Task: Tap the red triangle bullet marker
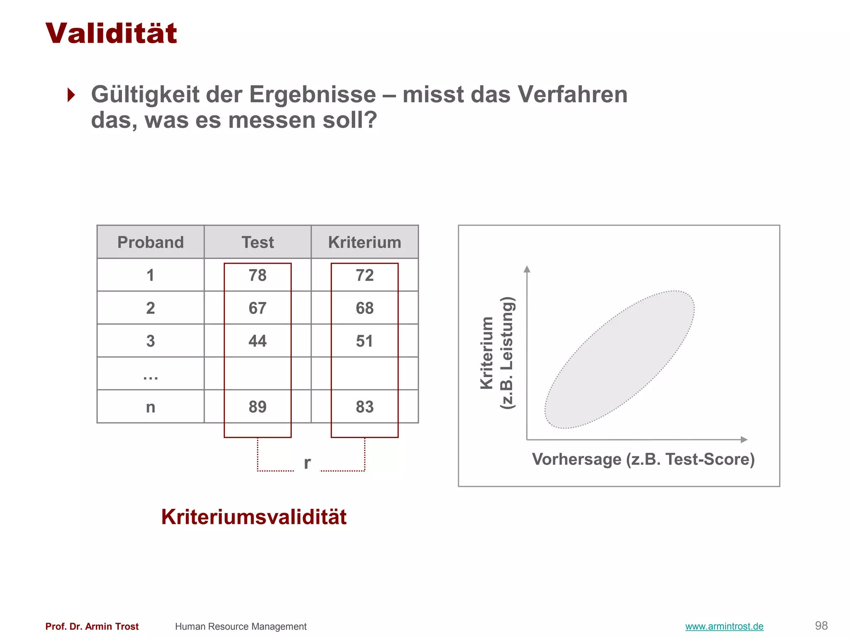(71, 95)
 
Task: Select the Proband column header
(150, 242)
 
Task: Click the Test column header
(258, 242)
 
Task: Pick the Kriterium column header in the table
(364, 242)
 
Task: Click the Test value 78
(257, 275)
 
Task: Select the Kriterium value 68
(364, 308)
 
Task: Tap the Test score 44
(257, 341)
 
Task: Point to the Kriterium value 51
(364, 341)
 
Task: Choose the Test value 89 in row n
(257, 407)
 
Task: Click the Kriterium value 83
(364, 407)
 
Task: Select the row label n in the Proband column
(150, 407)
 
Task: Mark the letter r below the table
(307, 463)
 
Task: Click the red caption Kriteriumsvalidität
(254, 517)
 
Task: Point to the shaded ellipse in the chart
(619, 360)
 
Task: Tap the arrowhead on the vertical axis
(527, 269)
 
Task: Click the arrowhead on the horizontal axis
(744, 439)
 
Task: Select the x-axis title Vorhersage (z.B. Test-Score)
(643, 459)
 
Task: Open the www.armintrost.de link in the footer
(724, 626)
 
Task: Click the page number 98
(821, 626)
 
